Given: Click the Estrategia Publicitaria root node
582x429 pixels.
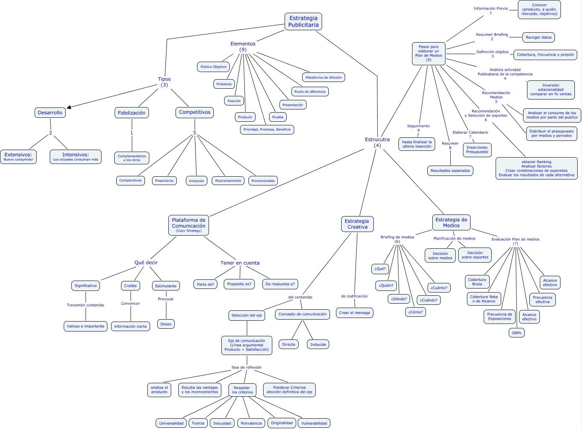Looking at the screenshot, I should (x=303, y=21).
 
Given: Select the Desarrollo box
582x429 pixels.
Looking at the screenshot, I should (x=50, y=113).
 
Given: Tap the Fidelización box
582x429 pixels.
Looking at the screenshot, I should (x=131, y=113).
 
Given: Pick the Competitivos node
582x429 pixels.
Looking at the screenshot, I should (x=195, y=112).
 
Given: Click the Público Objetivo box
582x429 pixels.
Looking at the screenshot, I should (x=213, y=67).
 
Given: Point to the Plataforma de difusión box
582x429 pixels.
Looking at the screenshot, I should (x=324, y=77).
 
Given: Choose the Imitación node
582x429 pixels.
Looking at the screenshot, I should (x=196, y=181).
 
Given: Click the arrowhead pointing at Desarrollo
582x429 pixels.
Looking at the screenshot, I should (x=69, y=107).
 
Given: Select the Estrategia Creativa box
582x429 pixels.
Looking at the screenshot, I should (x=357, y=224).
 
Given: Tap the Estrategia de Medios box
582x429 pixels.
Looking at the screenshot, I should (x=451, y=222).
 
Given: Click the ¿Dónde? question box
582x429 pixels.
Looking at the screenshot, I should (x=399, y=299).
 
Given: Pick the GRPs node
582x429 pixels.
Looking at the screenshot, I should (x=516, y=333).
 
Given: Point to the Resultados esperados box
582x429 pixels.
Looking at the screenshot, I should (x=450, y=171).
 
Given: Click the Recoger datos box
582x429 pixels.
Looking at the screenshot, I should (x=539, y=37).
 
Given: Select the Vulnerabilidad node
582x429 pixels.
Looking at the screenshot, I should (x=314, y=423).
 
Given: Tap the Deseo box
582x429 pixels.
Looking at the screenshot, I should (x=166, y=324).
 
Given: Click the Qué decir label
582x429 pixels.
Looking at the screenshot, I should (x=146, y=263).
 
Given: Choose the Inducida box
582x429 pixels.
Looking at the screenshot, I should (x=318, y=344).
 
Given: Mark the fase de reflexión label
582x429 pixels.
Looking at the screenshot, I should (x=246, y=367).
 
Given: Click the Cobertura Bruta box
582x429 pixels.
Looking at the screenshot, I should (x=477, y=282).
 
